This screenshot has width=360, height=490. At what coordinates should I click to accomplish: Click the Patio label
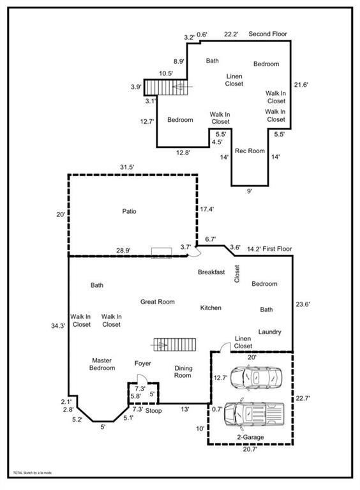129,212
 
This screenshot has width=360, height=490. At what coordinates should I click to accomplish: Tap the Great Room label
157,302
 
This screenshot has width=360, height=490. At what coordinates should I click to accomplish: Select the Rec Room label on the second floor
250,151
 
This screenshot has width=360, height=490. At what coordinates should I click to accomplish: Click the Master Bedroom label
102,364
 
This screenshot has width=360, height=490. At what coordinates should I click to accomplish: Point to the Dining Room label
183,372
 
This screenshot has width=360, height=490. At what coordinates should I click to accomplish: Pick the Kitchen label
211,308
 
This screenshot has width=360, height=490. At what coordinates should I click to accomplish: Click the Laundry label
269,332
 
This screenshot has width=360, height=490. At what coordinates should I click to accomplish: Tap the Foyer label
142,364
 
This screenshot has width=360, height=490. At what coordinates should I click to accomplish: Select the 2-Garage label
250,437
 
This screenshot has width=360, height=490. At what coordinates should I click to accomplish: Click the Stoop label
153,411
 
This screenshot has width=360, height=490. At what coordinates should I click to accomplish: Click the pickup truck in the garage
254,413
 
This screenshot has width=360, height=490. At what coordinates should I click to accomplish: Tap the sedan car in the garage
256,378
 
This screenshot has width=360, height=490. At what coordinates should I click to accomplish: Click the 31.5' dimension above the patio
127,167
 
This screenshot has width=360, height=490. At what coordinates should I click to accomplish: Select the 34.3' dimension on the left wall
58,325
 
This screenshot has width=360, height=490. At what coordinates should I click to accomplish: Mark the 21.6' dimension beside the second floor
301,84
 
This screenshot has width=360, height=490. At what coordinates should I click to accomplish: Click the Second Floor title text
267,34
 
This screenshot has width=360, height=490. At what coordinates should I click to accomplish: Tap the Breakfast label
211,272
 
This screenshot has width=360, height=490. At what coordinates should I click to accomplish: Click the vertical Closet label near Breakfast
237,274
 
